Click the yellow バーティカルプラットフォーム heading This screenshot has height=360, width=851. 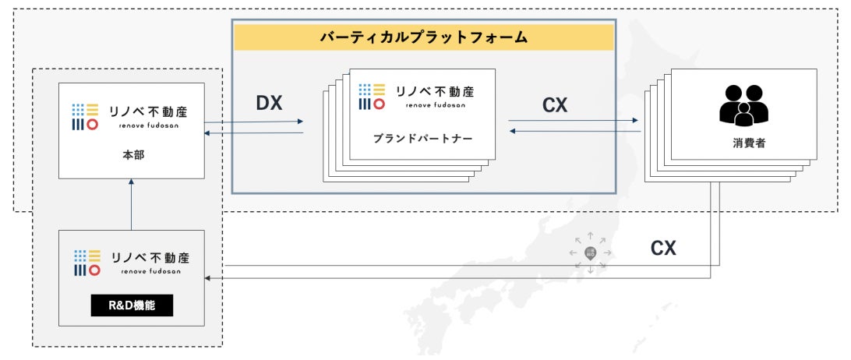pos(424,37)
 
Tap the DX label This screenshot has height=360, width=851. pos(268,104)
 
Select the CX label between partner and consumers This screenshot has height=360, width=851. pos(555,105)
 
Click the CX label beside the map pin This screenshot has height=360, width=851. pos(664,249)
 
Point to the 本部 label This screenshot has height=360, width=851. pos(132,155)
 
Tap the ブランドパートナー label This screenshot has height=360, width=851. pos(411,137)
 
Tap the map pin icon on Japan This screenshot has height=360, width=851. pos(590,253)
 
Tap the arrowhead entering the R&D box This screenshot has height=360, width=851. pos(208,277)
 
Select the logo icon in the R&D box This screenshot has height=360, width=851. pos(87,263)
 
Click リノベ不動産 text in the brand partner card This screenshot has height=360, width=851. pos(436,90)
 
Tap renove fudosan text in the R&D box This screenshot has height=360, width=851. pos(150,272)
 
